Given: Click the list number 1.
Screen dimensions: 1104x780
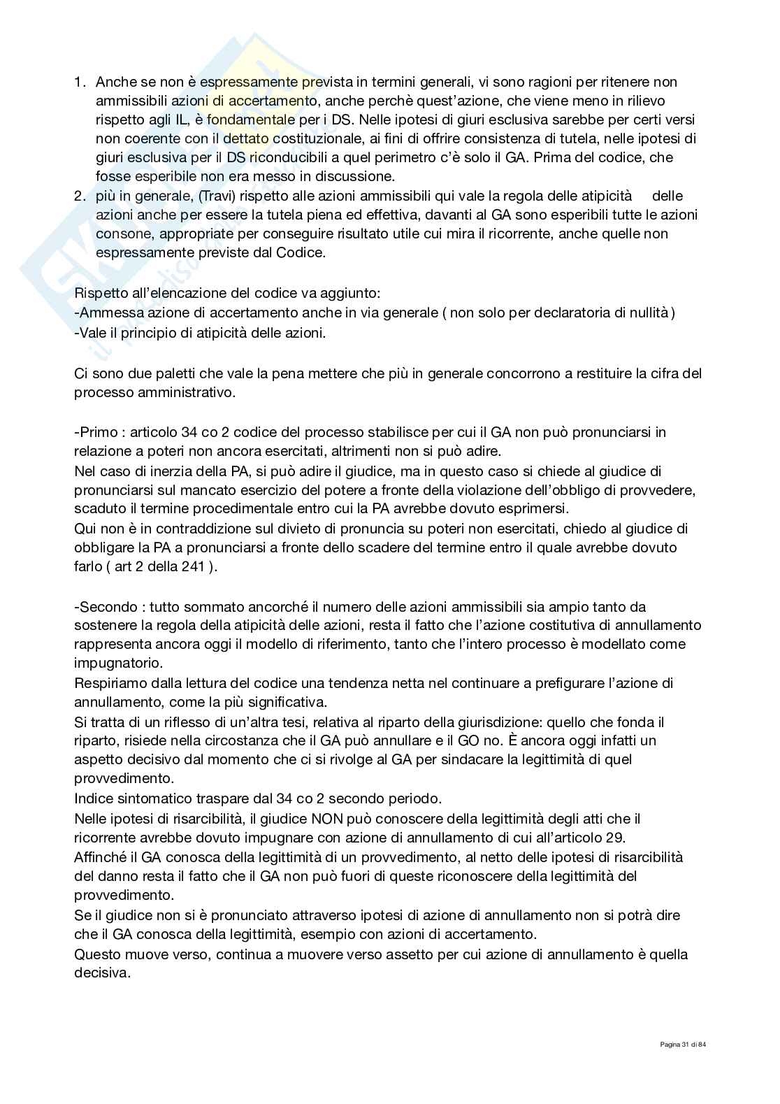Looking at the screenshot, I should tap(79, 83).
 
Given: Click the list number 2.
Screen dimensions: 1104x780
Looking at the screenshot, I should tap(79, 196).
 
